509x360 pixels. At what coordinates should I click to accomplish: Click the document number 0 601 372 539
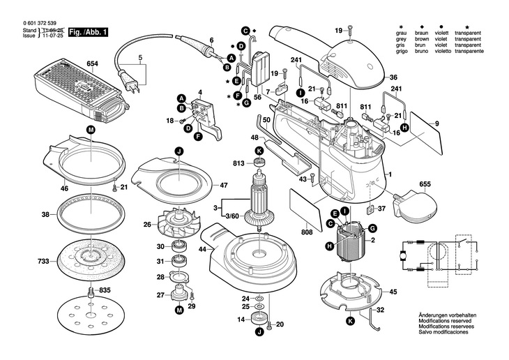coord(38,22)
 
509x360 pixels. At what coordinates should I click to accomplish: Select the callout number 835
coord(105,290)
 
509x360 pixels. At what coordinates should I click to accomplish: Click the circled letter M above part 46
coord(91,130)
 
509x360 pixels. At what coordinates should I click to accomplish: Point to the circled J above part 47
coord(178,151)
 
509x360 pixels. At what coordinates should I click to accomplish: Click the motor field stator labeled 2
coord(355,246)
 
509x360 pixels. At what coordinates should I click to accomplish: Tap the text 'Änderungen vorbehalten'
coord(447,315)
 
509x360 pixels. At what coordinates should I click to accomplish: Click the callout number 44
coord(202,249)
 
